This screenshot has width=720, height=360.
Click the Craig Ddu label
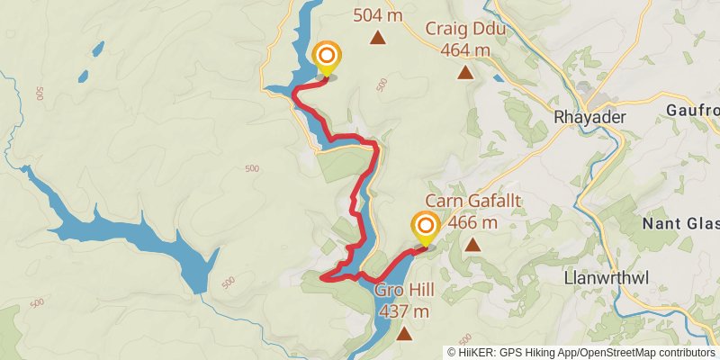[x=465, y=30]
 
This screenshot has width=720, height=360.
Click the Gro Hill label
[x=404, y=292]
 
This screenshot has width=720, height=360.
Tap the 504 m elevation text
[x=379, y=14]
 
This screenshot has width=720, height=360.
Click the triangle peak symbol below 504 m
[x=379, y=38]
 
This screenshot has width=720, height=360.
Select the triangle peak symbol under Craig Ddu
[x=465, y=72]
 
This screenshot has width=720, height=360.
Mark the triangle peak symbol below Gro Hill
[x=404, y=334]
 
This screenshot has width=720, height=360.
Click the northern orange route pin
[x=326, y=57]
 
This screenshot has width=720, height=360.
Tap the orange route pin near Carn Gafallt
[x=425, y=227]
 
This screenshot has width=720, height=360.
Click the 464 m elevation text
[x=465, y=50]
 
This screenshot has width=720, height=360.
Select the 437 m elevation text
[x=404, y=312]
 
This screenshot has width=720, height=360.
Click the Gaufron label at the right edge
[x=694, y=109]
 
